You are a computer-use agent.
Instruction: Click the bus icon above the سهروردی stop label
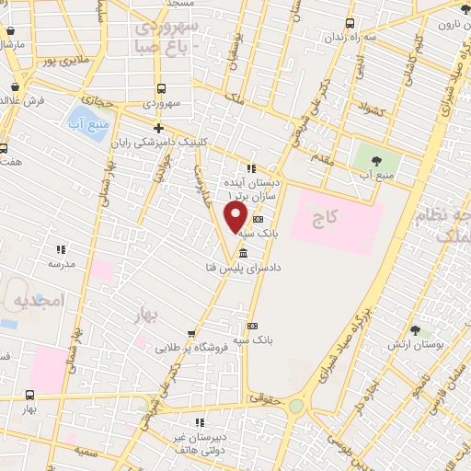(162, 89)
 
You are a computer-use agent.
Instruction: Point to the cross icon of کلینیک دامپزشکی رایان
(159, 128)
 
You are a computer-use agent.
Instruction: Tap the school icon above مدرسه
(62, 249)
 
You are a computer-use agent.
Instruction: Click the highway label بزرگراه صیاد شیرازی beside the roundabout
(339, 354)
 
